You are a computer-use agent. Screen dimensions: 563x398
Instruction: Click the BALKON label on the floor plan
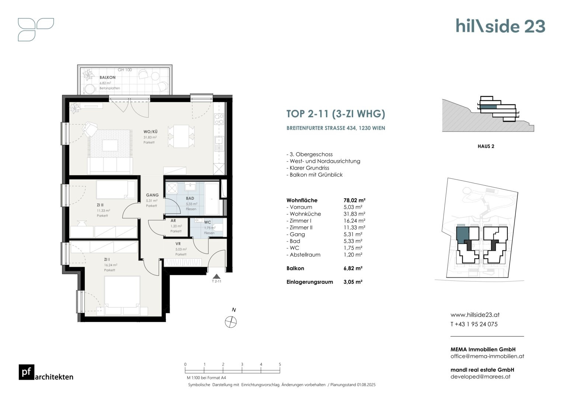[x=107, y=77]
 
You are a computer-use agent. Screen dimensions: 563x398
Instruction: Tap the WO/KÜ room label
[x=150, y=132]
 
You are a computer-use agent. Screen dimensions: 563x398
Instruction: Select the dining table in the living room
[x=181, y=136]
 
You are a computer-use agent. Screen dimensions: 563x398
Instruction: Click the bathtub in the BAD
[x=212, y=199]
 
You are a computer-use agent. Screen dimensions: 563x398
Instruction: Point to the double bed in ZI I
[x=122, y=296]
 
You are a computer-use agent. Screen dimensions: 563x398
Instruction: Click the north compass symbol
[x=231, y=322]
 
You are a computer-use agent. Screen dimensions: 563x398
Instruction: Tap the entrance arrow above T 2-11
[x=216, y=276]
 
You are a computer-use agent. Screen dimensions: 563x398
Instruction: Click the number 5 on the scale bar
[x=280, y=364]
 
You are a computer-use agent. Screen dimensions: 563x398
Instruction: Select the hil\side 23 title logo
[x=500, y=26]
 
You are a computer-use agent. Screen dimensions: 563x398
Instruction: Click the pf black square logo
[x=27, y=372]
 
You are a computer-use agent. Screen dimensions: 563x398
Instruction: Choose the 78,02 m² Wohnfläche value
[x=354, y=200]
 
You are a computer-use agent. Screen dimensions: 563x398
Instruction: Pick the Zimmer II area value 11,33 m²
[x=354, y=227]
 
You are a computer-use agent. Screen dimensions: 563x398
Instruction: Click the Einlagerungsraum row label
[x=310, y=282]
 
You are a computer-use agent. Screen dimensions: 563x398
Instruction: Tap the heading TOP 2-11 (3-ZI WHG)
[x=336, y=114]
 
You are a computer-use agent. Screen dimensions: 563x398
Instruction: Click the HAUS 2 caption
[x=486, y=146]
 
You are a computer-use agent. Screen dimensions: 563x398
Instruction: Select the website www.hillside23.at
[x=475, y=315]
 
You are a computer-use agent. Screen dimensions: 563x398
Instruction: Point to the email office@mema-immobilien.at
[x=487, y=356]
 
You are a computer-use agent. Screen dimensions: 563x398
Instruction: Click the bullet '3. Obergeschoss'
[x=309, y=154]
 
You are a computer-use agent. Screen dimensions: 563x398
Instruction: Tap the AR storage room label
[x=173, y=221]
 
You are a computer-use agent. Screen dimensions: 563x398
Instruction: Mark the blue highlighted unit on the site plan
[x=462, y=235]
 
